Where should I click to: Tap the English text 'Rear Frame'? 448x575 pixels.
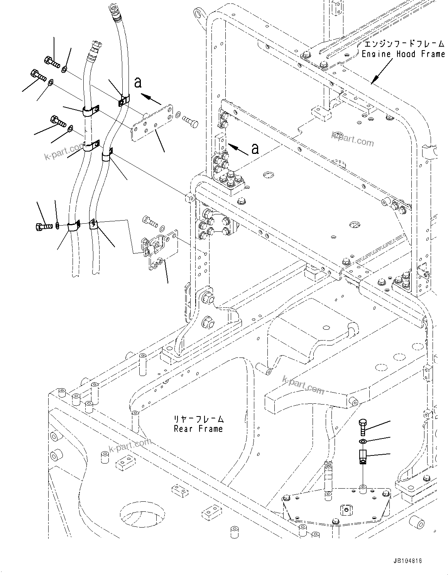pos(198,428)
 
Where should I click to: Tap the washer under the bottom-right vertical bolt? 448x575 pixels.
pos(363,442)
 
